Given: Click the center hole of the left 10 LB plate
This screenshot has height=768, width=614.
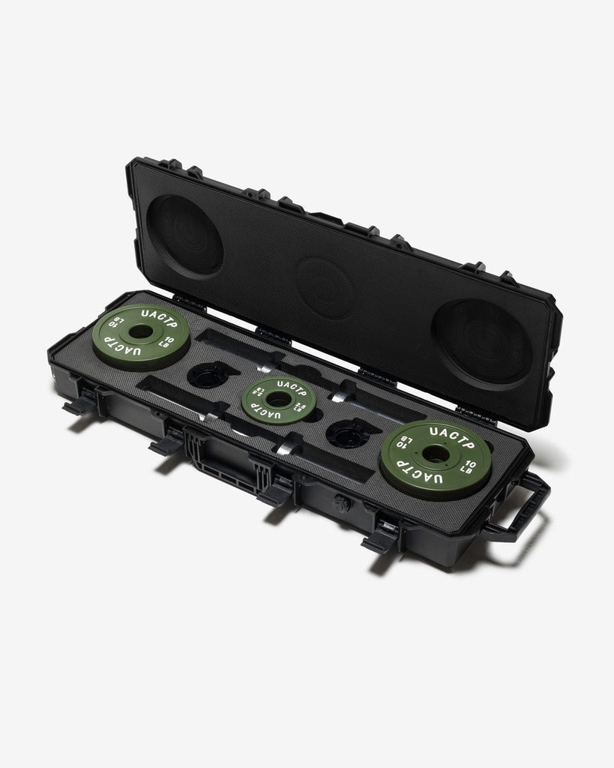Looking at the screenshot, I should click(140, 331).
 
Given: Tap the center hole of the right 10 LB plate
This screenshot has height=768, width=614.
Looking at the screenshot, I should click(435, 454).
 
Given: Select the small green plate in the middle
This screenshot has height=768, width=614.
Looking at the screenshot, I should click(278, 399).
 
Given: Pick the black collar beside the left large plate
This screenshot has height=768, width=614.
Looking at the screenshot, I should click(207, 373).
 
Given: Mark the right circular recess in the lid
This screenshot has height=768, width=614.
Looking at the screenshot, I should click(481, 341).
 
